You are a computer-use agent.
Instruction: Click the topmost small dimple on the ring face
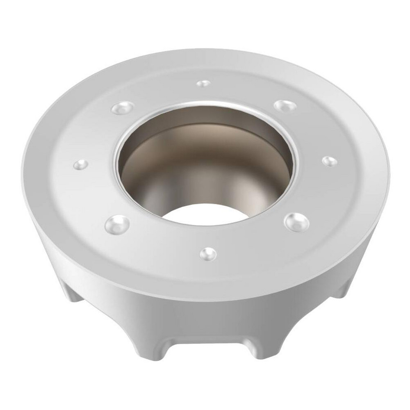(x=203, y=84)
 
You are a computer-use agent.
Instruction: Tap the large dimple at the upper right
(x=285, y=106)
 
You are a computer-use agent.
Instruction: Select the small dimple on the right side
(x=330, y=161)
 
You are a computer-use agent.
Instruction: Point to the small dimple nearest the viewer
(x=208, y=254)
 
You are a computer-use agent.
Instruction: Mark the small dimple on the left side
(x=81, y=165)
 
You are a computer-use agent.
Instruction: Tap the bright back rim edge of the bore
(x=205, y=103)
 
